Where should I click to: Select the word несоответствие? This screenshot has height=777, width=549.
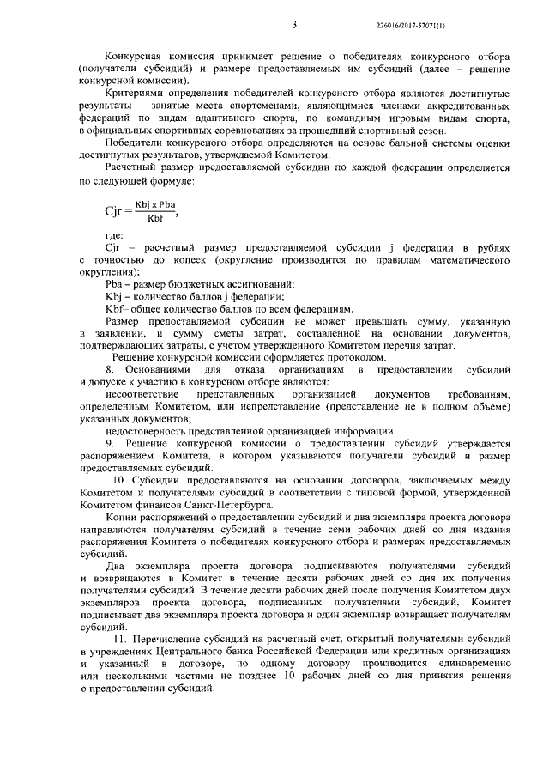[142, 393]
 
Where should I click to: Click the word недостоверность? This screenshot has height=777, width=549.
[144, 430]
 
